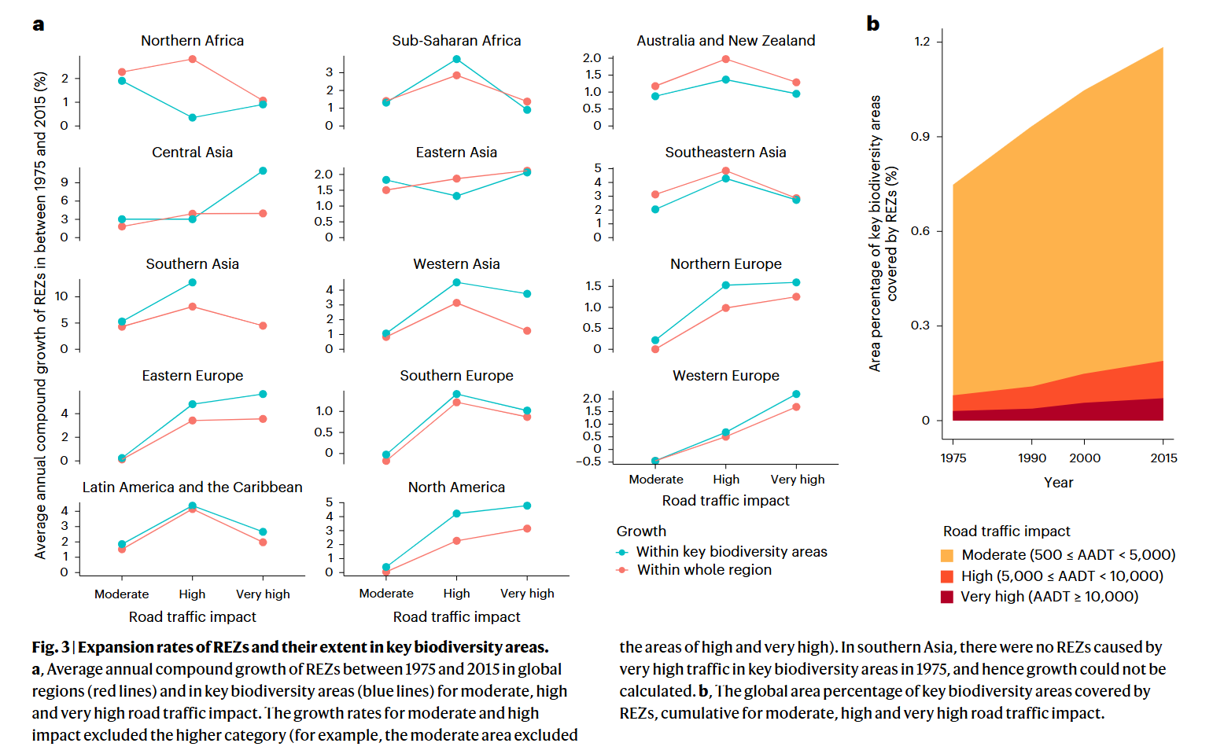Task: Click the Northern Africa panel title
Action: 192,41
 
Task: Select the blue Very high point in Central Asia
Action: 263,171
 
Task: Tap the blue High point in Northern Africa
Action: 193,118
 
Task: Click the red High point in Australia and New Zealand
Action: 726,59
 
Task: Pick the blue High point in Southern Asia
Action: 193,282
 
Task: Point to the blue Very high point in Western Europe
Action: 796,394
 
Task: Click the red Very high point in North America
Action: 527,528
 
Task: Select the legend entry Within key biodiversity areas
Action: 732,552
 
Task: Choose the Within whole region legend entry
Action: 704,570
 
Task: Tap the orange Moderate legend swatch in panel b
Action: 947,556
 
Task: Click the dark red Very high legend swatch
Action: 947,597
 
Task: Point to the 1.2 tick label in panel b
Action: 922,42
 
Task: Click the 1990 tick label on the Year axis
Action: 1032,458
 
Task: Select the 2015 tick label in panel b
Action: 1163,458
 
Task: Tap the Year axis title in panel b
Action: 1058,483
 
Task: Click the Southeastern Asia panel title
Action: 725,153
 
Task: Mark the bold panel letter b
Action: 872,24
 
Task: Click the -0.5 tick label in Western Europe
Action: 588,462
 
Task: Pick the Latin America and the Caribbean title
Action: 192,487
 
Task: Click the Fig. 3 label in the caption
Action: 50,647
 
